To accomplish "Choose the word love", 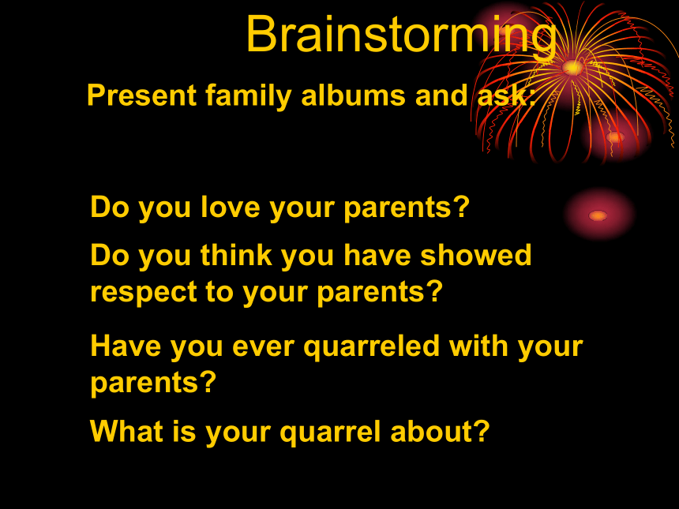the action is click(x=230, y=207).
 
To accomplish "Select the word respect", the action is click(x=144, y=293).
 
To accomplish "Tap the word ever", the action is click(x=263, y=346).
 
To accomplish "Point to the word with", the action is click(x=478, y=346).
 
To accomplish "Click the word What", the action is click(x=126, y=431).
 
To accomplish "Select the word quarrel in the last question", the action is click(x=330, y=432).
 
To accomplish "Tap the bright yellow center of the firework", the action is click(x=572, y=68).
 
